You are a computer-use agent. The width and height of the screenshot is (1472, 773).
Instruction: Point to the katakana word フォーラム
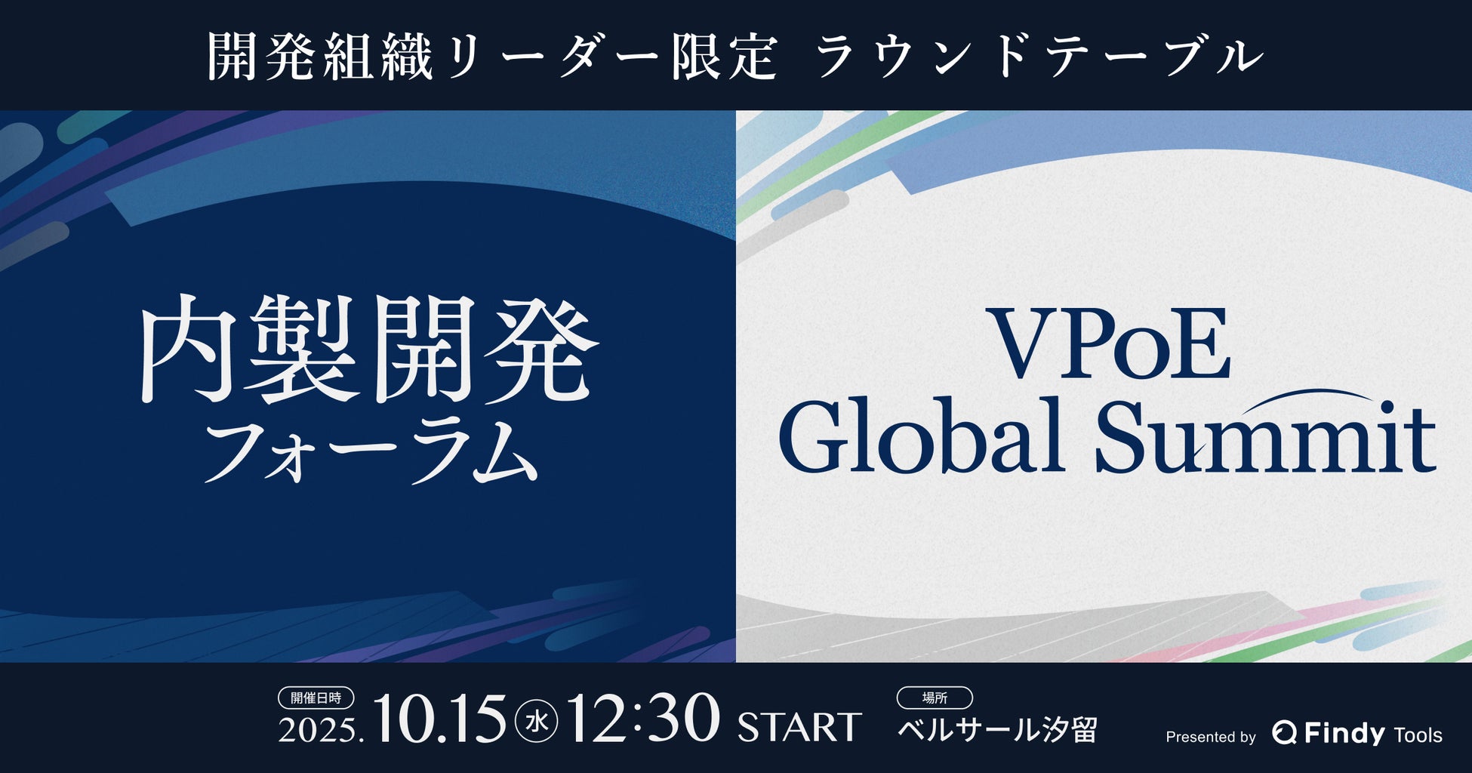[x=370, y=451]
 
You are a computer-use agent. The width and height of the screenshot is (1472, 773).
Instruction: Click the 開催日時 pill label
[x=316, y=698]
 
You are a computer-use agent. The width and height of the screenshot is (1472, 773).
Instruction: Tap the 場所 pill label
[x=935, y=698]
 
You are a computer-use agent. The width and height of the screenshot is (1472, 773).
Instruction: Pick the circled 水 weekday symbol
[x=537, y=723]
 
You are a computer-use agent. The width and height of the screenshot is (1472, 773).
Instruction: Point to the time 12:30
[x=642, y=719]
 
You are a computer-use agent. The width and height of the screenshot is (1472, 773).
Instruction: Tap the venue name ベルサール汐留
[x=997, y=730]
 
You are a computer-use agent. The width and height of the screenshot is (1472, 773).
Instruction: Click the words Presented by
[x=1211, y=737]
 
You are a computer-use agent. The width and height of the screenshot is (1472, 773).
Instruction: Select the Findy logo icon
[x=1284, y=732]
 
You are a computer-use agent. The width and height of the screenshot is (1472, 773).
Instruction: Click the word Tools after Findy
[x=1418, y=735]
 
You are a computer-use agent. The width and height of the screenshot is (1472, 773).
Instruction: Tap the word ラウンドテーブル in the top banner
[x=1039, y=57]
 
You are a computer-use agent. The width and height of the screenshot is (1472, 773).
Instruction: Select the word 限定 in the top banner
[x=723, y=57]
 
